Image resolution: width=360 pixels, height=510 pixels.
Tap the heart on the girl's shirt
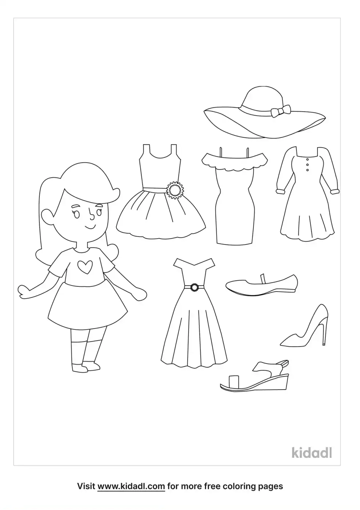(x=85, y=267)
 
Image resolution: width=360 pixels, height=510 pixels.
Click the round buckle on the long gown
(x=194, y=287)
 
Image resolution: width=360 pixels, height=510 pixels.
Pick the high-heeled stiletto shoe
(x=305, y=326)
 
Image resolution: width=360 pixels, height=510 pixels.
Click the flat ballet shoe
(x=262, y=285)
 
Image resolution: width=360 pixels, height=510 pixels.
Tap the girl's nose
(x=91, y=214)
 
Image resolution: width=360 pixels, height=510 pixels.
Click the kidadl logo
(x=312, y=453)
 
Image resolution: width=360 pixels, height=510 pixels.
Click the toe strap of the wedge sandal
(x=233, y=380)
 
